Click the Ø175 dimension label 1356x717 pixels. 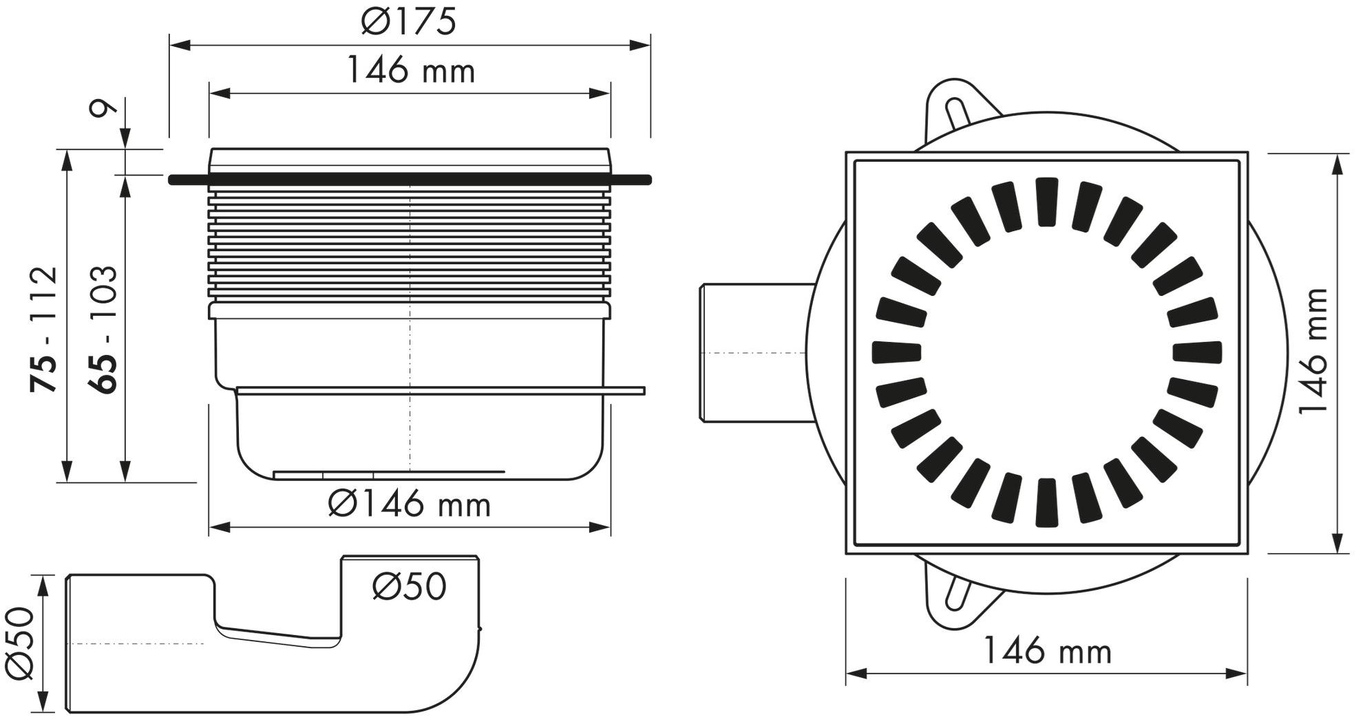(x=409, y=22)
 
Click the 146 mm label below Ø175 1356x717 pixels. (x=410, y=71)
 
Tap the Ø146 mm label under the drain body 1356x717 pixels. (x=410, y=504)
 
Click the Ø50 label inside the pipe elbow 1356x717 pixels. (x=410, y=587)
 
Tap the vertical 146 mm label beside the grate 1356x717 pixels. (x=1313, y=351)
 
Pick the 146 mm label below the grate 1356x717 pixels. (x=1047, y=651)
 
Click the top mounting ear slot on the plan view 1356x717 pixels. (x=955, y=114)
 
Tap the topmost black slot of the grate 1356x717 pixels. (x=1047, y=202)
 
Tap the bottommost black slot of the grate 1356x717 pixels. (x=1047, y=502)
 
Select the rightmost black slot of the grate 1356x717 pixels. (x=1197, y=352)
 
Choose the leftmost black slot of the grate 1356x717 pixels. (x=896, y=352)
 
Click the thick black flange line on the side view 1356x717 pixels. (x=410, y=180)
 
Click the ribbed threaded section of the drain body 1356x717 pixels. (x=410, y=248)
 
